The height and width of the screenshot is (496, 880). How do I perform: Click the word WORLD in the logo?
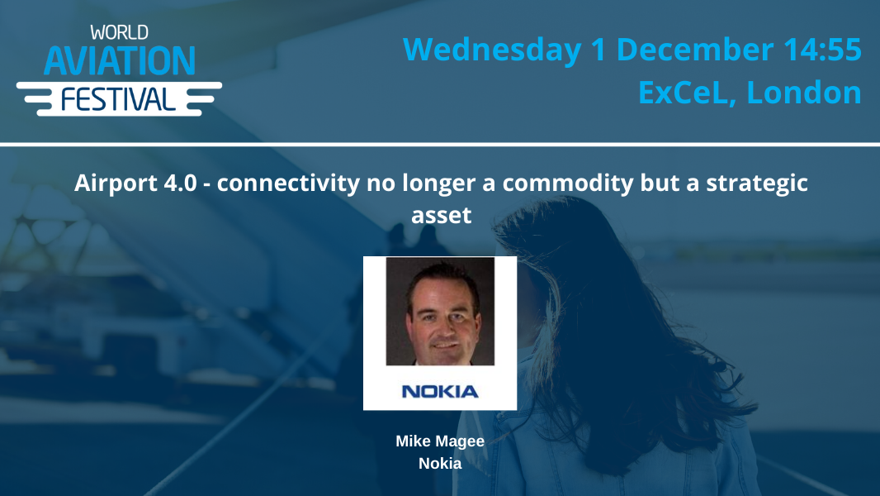119,34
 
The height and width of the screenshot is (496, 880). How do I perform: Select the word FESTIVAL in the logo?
119,99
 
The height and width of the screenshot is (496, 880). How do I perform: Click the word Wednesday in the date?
492,50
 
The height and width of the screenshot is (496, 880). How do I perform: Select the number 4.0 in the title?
182,183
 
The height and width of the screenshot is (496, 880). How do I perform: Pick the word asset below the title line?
441,215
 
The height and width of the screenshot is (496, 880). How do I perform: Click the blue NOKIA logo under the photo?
440,390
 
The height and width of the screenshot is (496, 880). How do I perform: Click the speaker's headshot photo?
440,311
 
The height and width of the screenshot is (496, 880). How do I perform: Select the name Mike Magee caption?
440,441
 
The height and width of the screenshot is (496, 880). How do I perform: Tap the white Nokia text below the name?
440,463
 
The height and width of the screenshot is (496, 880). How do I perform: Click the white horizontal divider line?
440,145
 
